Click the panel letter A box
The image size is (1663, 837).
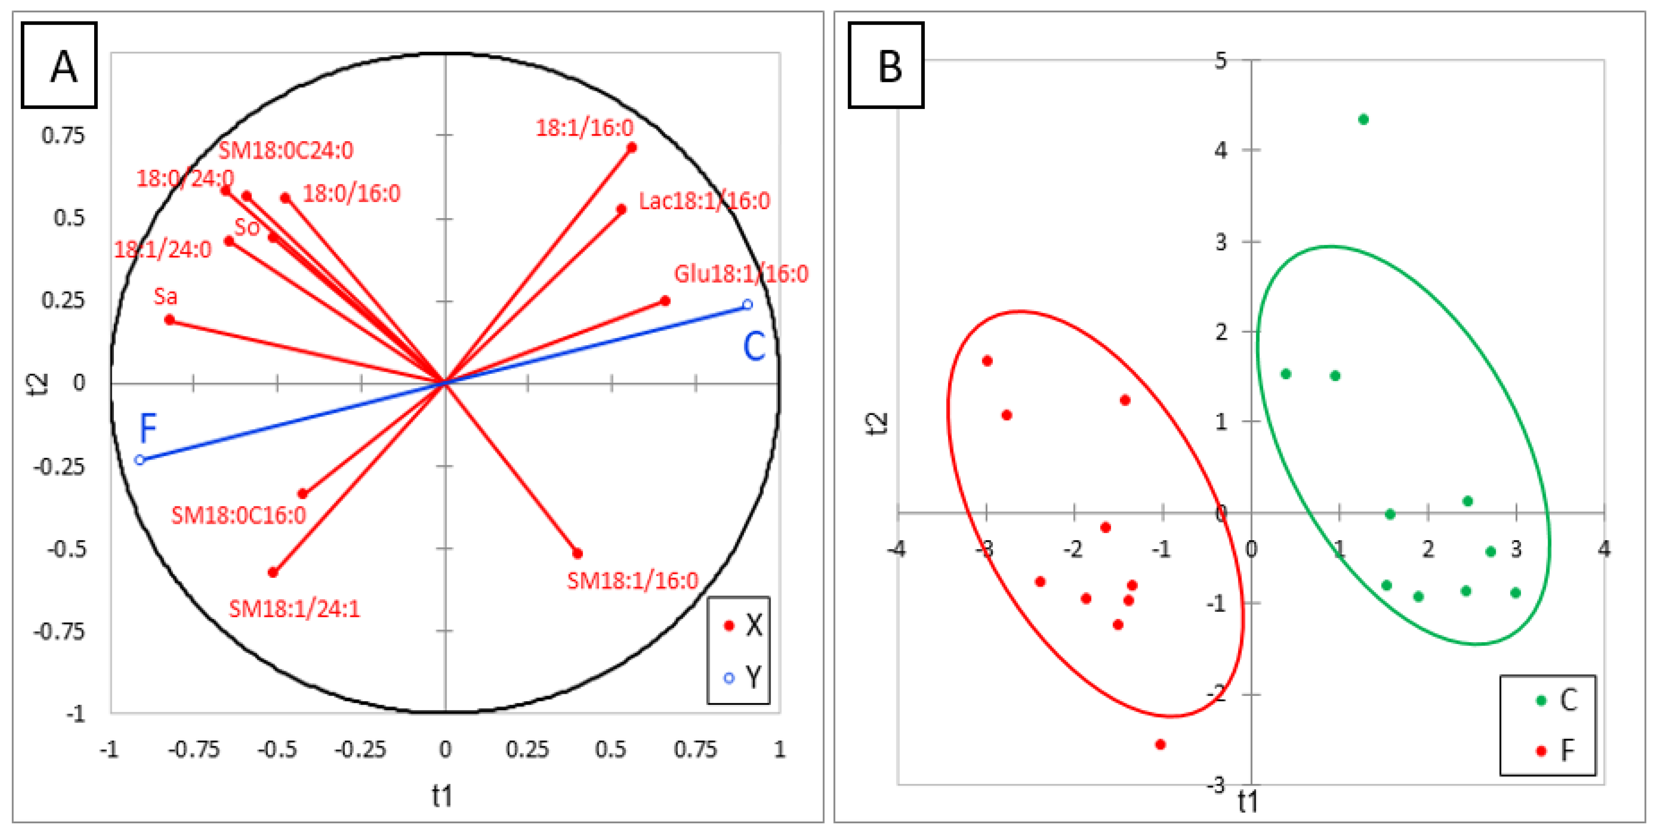tap(59, 65)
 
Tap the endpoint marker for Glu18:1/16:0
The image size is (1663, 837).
tap(666, 301)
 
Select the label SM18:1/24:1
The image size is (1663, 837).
tap(294, 609)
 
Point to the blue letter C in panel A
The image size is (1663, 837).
tap(754, 347)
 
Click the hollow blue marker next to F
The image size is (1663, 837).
tap(139, 459)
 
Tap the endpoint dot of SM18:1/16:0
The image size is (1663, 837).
tap(578, 553)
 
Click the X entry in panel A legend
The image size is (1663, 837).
tap(742, 625)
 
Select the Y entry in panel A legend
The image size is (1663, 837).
tap(742, 678)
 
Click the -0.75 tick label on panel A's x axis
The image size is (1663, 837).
tap(194, 749)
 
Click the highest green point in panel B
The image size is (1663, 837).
tap(1364, 119)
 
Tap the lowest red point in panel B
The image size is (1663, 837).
tap(1160, 744)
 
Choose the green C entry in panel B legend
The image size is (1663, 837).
tap(1557, 700)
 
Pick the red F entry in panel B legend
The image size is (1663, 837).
tap(1557, 750)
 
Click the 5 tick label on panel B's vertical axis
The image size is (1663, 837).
tap(1220, 61)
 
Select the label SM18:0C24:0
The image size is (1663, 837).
tap(286, 150)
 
